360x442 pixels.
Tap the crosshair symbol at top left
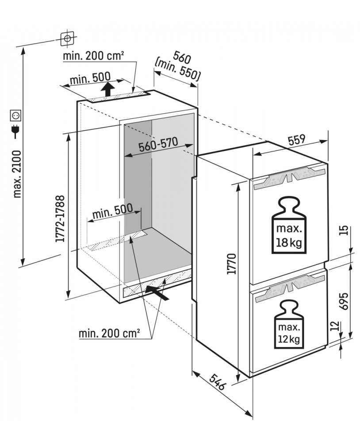67,38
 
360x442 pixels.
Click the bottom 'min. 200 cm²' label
109,333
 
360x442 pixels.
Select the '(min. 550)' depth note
178,72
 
